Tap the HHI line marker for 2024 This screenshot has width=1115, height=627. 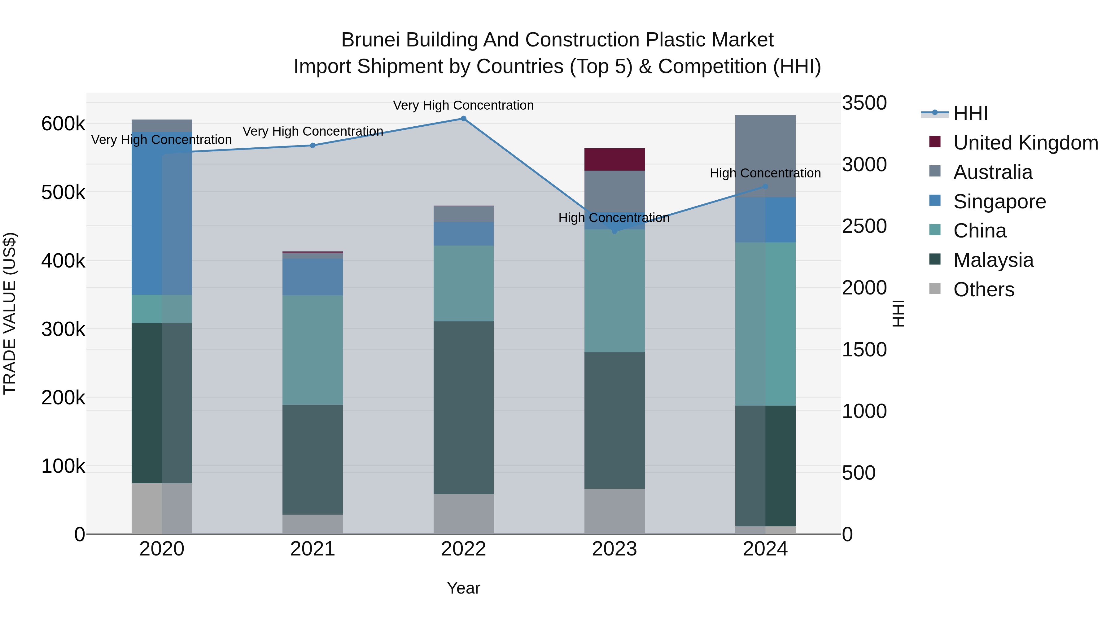tap(765, 186)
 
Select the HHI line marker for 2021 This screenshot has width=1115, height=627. tap(313, 146)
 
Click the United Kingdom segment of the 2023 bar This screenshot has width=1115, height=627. tap(614, 159)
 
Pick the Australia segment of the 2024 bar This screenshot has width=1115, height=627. tap(765, 156)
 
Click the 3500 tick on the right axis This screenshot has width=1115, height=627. tap(864, 103)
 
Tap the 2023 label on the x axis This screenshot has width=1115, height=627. tap(614, 549)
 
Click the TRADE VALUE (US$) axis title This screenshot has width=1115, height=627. tap(10, 313)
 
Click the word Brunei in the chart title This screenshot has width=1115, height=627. tap(370, 40)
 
